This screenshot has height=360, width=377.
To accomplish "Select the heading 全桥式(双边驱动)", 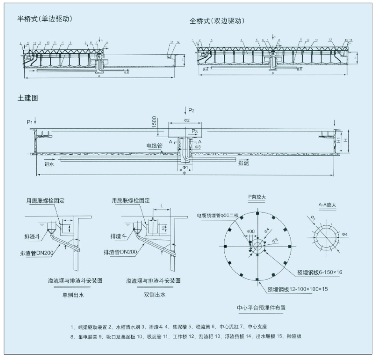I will (217, 21).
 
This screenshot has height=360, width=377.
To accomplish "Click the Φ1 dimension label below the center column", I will (185, 168).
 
